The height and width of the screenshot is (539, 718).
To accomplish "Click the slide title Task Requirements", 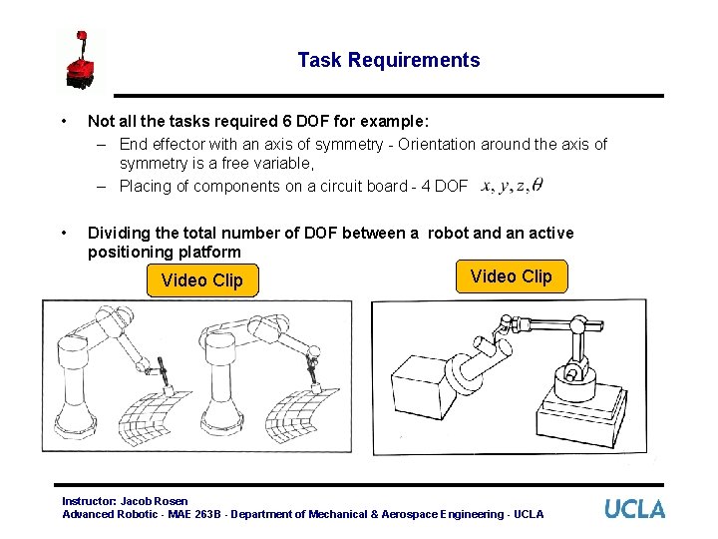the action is point(389,60).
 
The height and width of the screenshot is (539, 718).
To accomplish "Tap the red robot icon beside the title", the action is point(81,60).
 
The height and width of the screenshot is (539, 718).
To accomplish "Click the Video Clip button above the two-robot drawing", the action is point(202,280).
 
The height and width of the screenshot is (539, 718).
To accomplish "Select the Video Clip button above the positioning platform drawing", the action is point(512,276).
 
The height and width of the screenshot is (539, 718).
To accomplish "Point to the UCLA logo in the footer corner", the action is point(634,509).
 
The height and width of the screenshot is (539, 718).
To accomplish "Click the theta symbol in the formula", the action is point(538,185).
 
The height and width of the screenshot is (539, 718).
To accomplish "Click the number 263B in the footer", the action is point(207,514).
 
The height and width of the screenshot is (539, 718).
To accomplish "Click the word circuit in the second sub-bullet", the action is point(337,186).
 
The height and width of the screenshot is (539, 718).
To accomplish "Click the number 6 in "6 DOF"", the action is point(286,122).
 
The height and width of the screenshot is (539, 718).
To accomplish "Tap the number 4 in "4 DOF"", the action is point(426,186).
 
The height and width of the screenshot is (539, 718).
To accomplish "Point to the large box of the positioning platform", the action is point(420,387).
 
